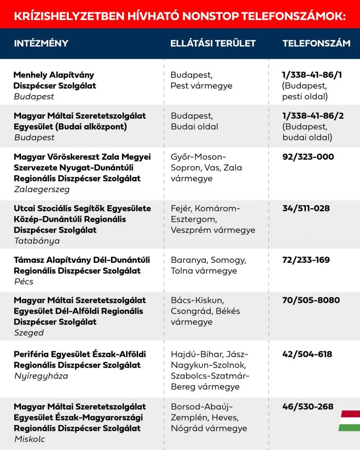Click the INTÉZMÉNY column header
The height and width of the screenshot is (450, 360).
click(x=41, y=43)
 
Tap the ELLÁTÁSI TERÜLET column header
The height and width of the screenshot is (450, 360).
click(x=213, y=43)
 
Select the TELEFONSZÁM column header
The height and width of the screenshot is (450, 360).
click(x=316, y=43)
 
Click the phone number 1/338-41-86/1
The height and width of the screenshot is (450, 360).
click(x=312, y=75)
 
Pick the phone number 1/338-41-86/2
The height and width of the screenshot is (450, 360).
click(x=312, y=116)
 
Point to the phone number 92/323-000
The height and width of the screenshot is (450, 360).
click(x=308, y=157)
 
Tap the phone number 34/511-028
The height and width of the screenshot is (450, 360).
click(x=307, y=208)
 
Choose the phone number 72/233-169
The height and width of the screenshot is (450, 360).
click(x=307, y=260)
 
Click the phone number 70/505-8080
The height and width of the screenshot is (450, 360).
click(x=311, y=300)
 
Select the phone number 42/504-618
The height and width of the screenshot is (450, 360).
click(x=307, y=354)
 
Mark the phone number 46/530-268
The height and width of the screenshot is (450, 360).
click(x=308, y=406)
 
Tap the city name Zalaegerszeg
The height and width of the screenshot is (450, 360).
click(x=42, y=189)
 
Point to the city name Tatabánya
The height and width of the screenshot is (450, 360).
click(x=37, y=241)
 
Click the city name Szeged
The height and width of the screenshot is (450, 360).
click(x=29, y=333)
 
